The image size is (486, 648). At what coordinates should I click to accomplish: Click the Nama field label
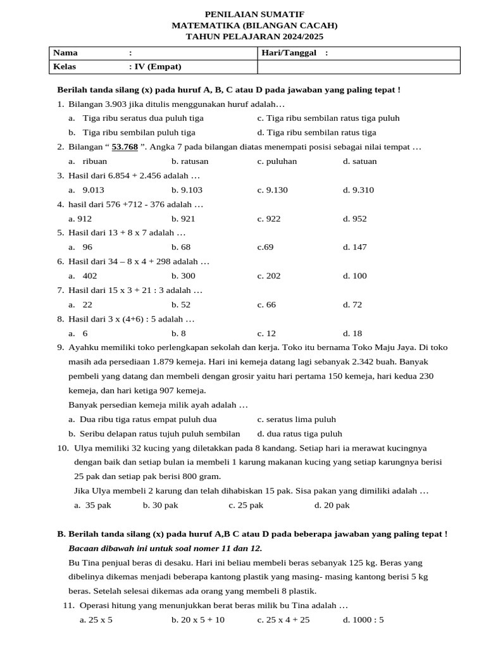coord(65,53)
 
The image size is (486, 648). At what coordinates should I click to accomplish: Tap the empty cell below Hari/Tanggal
coord(359,66)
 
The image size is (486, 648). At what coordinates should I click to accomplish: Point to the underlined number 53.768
coord(125,147)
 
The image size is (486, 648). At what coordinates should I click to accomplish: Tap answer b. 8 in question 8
coord(178,333)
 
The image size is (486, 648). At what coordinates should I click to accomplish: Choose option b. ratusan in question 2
coord(189,161)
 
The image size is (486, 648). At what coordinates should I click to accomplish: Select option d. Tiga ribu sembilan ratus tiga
coord(316,132)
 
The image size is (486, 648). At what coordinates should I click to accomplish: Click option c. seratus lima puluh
coord(296,419)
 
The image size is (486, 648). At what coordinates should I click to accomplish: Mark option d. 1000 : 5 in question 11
coord(363,620)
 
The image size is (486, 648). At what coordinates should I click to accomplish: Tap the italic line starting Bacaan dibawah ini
coord(165,548)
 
